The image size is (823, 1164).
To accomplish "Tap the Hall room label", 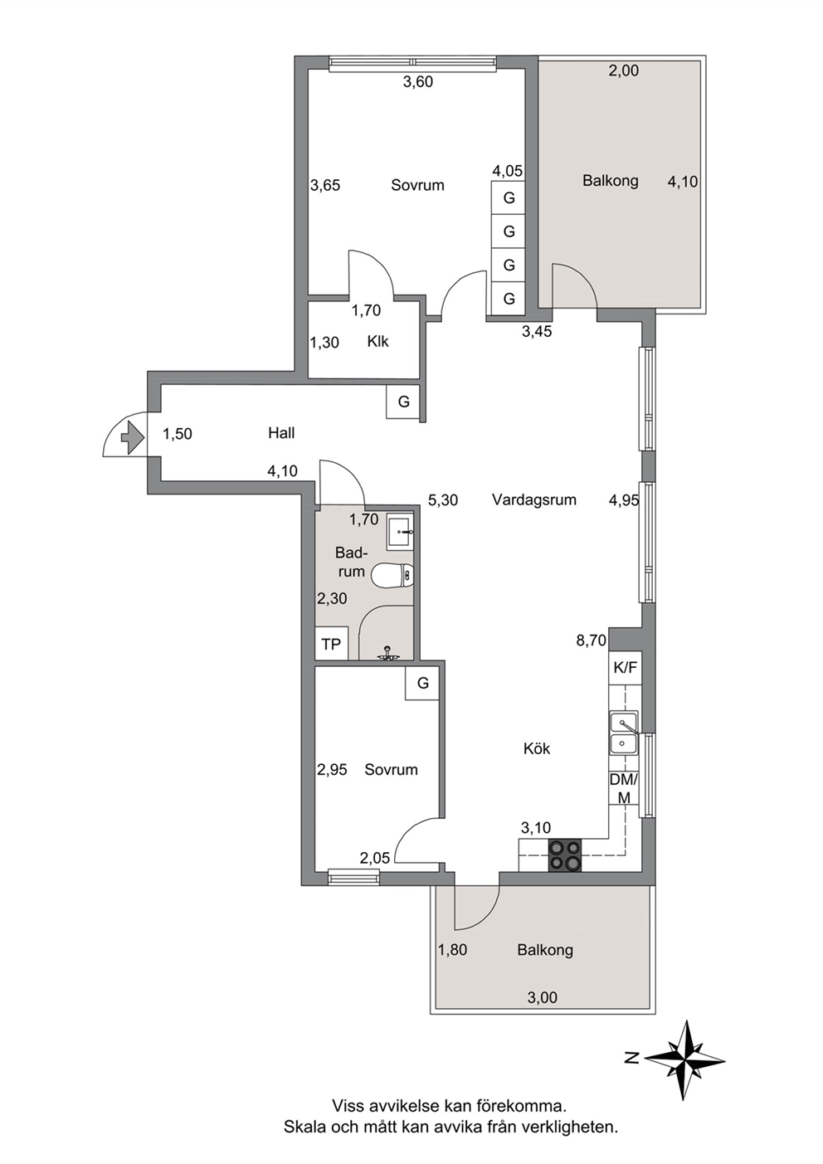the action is coord(281,433).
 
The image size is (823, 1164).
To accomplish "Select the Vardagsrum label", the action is coord(534,500).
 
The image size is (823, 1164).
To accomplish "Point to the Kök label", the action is coord(537,749).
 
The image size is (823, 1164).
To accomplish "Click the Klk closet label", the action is coord(377,342).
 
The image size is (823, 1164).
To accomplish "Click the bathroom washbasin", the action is coord(400,532).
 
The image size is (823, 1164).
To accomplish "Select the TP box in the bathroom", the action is coord(331,644).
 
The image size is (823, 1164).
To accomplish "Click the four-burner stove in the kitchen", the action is coord(565,855).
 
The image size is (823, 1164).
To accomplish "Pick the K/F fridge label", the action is coord(625,668).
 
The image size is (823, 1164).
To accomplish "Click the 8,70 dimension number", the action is coord(592,640).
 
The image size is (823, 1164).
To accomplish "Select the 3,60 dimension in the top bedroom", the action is coord(418,81).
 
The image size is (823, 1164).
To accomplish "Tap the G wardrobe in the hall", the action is coord(403,402).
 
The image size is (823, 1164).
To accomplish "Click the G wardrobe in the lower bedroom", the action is coord(423,683).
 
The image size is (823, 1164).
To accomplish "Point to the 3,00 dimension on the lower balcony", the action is coord(543,998).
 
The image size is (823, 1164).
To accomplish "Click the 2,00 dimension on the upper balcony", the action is coord(624,71).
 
